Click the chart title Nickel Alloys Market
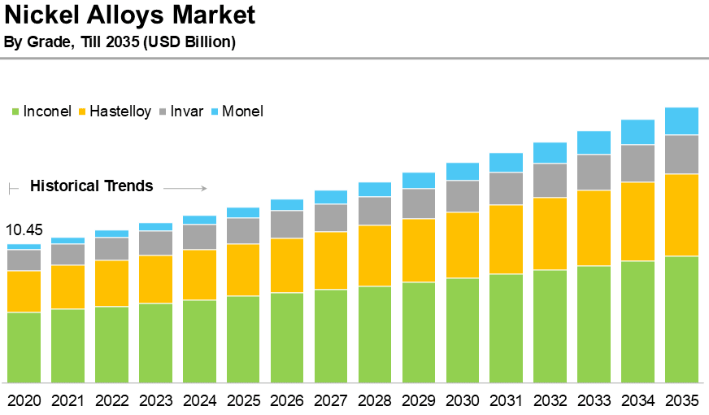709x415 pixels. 130,15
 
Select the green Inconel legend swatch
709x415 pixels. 15,111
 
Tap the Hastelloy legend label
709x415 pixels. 120,111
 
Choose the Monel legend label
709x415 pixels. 242,111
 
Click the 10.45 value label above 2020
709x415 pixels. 24,230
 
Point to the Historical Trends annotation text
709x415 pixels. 91,186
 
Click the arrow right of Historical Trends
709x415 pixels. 185,189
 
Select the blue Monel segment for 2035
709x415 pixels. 682,120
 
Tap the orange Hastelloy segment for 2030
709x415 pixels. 463,245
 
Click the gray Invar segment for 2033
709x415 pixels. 594,172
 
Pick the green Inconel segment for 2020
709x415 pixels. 24,347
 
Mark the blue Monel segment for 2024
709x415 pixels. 200,220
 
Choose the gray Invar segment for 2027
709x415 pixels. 331,217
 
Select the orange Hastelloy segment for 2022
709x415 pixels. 112,283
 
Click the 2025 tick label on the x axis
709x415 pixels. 243,400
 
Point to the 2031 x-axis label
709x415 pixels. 507,400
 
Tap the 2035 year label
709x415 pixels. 682,400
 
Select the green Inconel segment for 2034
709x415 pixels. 638,321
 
